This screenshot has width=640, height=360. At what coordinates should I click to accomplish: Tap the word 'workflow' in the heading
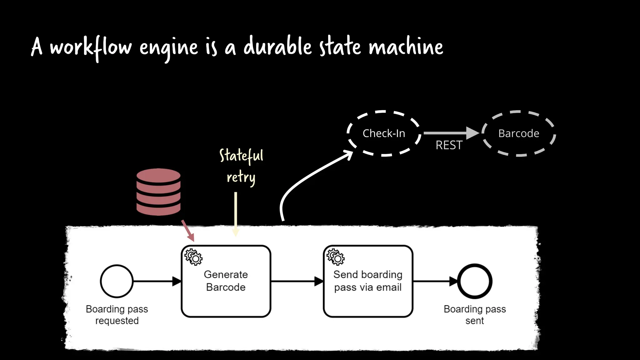[x=91, y=47]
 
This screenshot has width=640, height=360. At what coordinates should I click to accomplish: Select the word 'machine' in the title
[x=406, y=47]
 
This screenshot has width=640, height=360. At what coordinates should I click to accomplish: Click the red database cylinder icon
[x=158, y=192]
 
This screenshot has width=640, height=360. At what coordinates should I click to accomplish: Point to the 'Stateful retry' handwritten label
[x=241, y=166]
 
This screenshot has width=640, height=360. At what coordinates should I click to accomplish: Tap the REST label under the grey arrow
[x=449, y=145]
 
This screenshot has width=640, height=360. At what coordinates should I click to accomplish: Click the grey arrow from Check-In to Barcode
[x=450, y=133]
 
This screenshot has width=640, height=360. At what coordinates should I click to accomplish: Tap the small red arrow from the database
[x=188, y=230]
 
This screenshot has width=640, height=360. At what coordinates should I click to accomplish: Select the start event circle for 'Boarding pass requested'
[x=117, y=281]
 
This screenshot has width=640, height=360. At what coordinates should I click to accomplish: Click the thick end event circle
[x=475, y=281]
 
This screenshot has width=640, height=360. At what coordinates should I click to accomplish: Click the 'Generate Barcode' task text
[x=226, y=281]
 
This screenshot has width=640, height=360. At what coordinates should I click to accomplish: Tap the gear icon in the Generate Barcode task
[x=193, y=257]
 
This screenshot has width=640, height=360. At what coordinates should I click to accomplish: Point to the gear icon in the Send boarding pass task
[x=336, y=257]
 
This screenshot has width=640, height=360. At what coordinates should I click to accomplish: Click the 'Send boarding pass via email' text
[x=368, y=281]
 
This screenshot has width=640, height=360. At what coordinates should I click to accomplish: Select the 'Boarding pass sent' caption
[x=475, y=315]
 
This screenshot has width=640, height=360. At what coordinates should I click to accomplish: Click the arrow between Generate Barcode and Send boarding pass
[x=297, y=281]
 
